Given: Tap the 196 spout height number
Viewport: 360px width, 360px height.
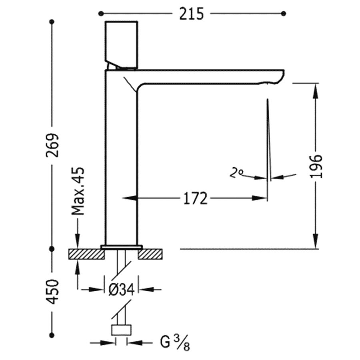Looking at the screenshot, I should (316, 166).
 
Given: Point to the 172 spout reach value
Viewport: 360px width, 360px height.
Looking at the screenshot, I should (196, 198).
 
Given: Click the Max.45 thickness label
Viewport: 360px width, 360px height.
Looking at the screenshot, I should (78, 192).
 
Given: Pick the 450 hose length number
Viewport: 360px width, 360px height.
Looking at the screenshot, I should (52, 292).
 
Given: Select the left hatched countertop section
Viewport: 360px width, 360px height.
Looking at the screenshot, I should (86, 253).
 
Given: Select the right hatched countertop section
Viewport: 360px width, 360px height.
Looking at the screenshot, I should (151, 253).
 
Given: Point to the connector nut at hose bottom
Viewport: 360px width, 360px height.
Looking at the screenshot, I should (121, 330).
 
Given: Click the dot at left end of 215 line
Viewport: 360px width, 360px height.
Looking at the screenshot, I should (100, 14).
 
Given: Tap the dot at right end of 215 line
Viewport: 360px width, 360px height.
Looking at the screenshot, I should (284, 14).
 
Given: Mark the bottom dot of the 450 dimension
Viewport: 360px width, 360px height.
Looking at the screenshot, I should (52, 335).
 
